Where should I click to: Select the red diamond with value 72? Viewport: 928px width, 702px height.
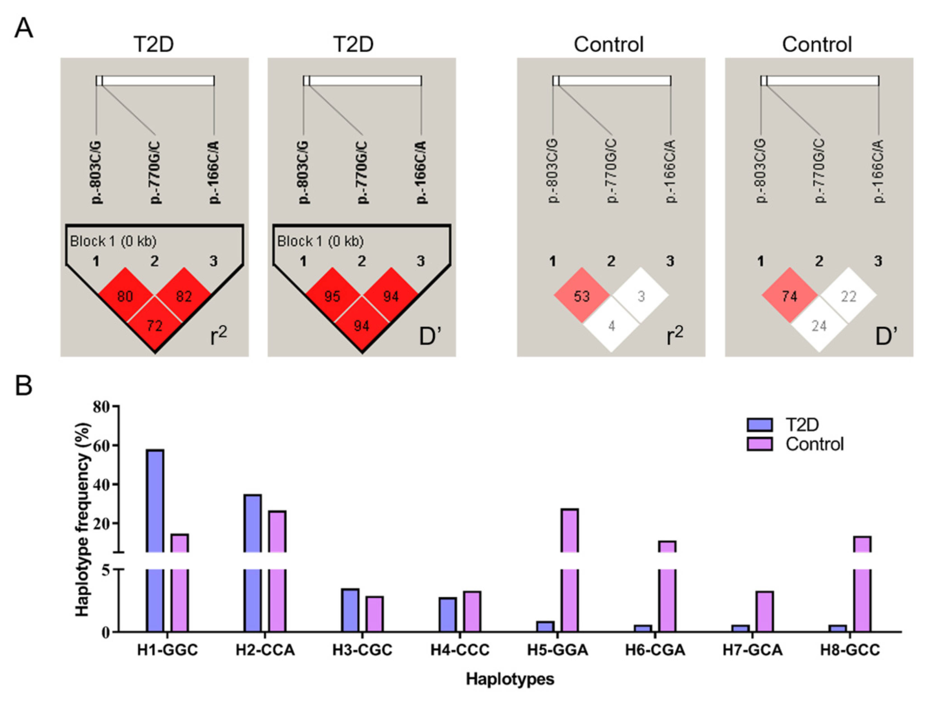tap(155, 325)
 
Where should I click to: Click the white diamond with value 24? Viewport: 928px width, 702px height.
tap(819, 325)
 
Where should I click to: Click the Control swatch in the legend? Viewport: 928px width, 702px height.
tap(759, 444)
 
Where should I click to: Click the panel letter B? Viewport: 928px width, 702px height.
tap(24, 386)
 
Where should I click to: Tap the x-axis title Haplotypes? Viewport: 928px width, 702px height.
tap(510, 679)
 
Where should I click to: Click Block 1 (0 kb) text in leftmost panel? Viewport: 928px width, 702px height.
tap(113, 241)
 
